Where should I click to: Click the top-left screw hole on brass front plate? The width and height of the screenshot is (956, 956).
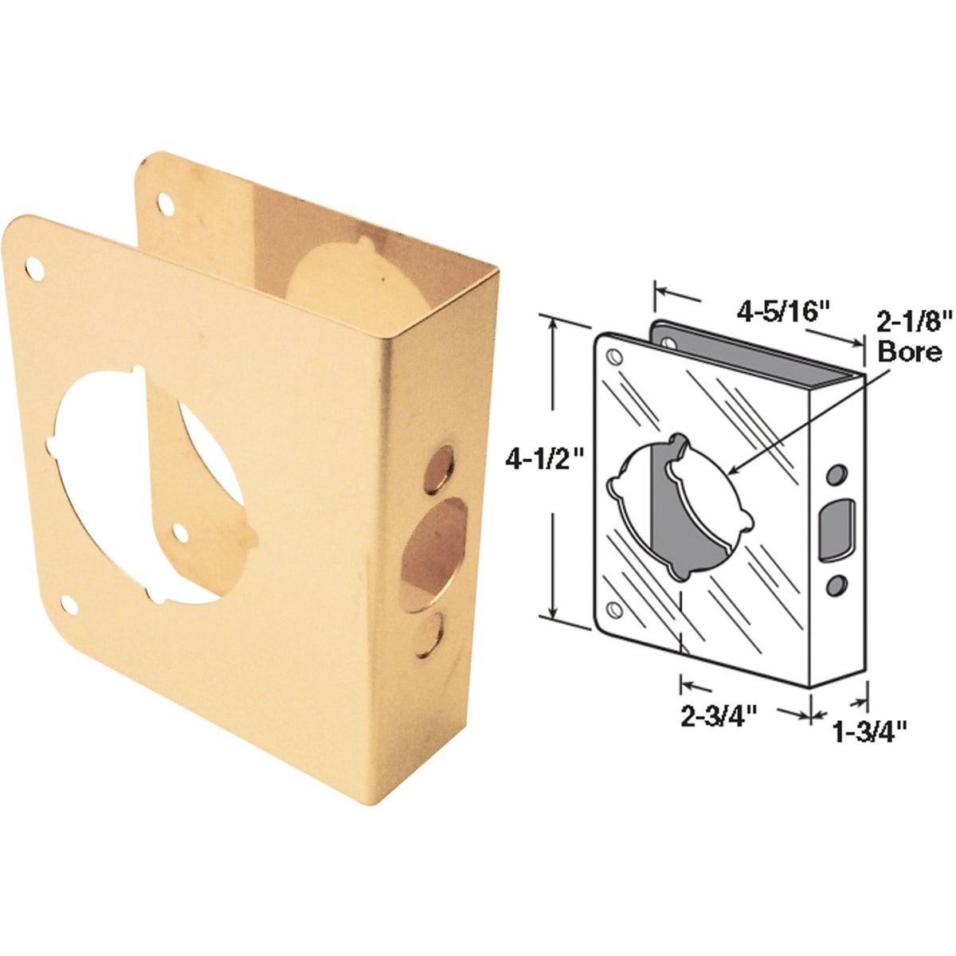pos(34,268)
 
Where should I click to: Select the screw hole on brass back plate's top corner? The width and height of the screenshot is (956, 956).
pos(167,182)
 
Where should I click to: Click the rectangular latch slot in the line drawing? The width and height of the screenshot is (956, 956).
pos(836,527)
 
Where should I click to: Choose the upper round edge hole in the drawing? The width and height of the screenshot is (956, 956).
pos(835,474)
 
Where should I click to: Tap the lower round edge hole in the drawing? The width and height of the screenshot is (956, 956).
pos(835,586)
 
